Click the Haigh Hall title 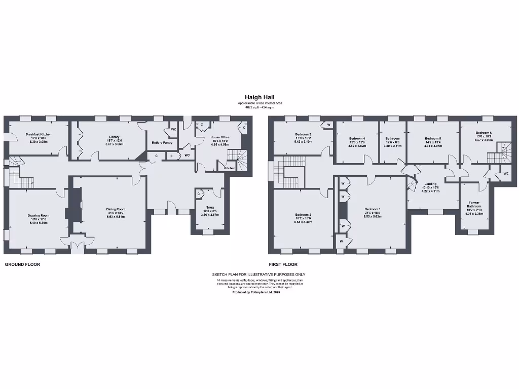coord(259,97)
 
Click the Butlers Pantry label coord(162,143)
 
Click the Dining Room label coord(116,209)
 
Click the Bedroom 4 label coord(357,138)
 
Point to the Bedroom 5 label coord(433,138)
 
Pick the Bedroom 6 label coord(484,133)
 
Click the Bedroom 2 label coord(303,214)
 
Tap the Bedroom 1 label coord(372,209)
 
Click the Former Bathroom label coord(474,204)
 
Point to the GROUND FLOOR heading coord(22,264)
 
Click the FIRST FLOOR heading coord(283,264)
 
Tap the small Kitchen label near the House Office coord(230,168)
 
